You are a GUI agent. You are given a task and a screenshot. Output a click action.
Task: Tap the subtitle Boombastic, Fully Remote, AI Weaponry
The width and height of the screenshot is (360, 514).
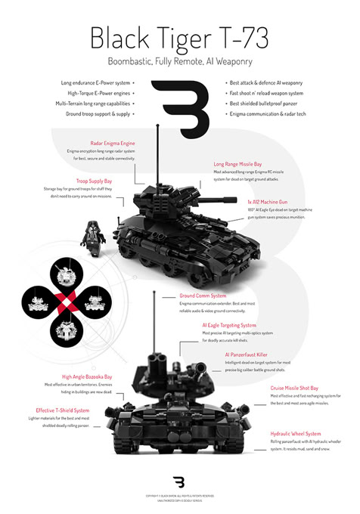pos(179,63)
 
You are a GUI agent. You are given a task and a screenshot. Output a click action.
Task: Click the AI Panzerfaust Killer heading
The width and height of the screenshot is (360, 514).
pos(247,354)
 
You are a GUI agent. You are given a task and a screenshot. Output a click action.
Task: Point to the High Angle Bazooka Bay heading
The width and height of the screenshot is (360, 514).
pos(87,376)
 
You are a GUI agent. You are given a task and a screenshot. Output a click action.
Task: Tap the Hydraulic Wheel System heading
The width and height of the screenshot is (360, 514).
pos(295,435)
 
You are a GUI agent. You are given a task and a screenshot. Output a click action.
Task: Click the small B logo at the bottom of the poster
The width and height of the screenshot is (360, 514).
pos(179,482)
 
